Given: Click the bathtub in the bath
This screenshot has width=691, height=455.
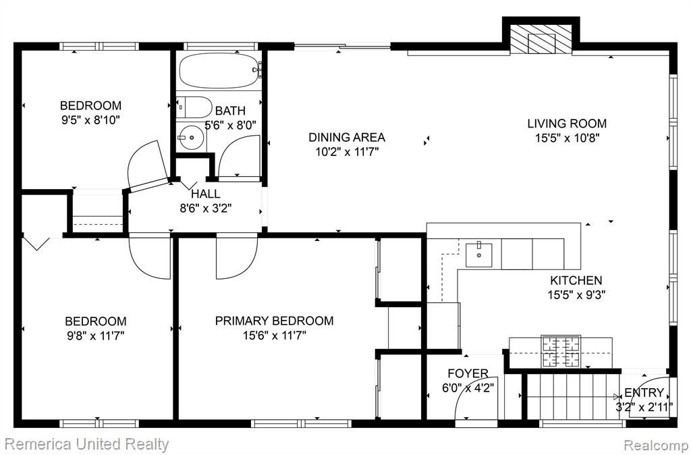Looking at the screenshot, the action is point(221,70).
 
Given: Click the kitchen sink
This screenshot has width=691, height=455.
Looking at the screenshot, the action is point(479,255).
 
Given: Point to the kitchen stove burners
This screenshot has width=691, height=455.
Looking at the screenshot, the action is point(561,351).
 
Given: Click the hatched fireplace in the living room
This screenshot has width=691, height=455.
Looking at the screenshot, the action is point(541,39).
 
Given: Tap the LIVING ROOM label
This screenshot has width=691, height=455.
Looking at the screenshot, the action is point(567,124).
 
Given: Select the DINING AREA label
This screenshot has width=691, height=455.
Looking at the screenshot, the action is point(347,137).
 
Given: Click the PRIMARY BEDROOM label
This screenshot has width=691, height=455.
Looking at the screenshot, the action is point(274,321).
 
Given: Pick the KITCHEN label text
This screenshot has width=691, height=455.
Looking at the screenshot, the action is point(576,280).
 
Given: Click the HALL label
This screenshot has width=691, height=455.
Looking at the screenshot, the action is point(206,194).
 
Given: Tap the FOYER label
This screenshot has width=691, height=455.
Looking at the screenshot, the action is point(468,373).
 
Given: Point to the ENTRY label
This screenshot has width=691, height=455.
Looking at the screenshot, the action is point(644,392).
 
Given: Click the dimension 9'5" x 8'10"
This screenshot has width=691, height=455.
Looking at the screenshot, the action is point(91,120).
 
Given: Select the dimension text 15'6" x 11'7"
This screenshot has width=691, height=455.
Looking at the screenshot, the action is point(274,336).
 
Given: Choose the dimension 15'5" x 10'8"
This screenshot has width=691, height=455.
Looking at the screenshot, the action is point(567,138).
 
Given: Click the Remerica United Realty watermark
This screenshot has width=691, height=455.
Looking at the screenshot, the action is point(87,444).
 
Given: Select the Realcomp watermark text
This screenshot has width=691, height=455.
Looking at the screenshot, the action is point(655,444).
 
